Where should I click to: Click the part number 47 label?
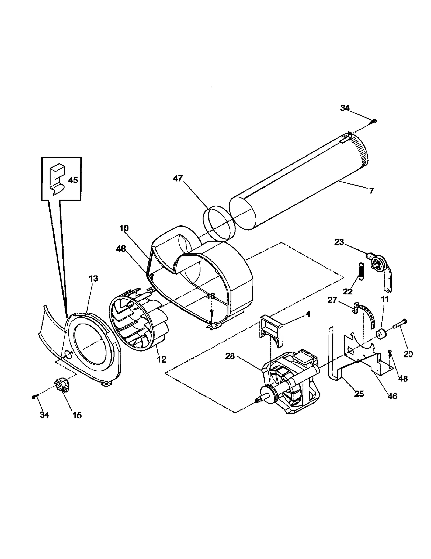pos(178,179)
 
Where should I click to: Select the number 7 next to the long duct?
pos(371,191)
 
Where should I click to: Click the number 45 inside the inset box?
pos(73,180)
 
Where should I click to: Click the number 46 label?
pos(392,396)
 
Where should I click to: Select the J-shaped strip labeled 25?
pos(333,362)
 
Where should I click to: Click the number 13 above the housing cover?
pos(93,279)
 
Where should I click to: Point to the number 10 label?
pos(124,228)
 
